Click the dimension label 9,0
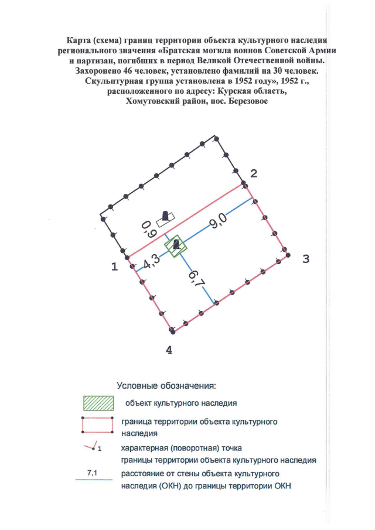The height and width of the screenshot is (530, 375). [218, 221]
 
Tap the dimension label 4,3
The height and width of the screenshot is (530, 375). [151, 262]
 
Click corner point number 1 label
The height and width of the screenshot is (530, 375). [115, 266]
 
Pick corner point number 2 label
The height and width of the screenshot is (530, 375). [253, 173]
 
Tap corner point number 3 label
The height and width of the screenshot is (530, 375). [306, 259]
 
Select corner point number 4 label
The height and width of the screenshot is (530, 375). [169, 350]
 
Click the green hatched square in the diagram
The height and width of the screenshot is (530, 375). [176, 246]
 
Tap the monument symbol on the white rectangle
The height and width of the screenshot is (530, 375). [165, 216]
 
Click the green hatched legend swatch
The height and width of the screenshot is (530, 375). [98, 403]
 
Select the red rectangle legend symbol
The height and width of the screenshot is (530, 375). [97, 425]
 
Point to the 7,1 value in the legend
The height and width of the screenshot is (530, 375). [92, 473]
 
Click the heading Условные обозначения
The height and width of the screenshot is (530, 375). [166, 386]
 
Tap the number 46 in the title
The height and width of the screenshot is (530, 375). [127, 71]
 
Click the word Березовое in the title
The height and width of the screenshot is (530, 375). [248, 101]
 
